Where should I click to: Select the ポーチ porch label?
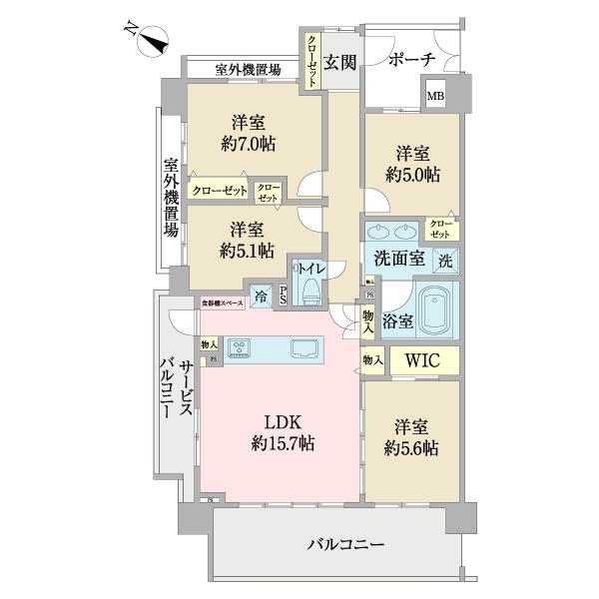tap(413, 60)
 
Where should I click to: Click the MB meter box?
tap(436, 97)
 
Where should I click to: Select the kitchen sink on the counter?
tap(304, 348)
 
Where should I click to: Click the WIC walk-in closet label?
tap(421, 360)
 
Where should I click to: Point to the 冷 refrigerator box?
tap(261, 296)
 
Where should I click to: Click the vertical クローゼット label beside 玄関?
tap(311, 61)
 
